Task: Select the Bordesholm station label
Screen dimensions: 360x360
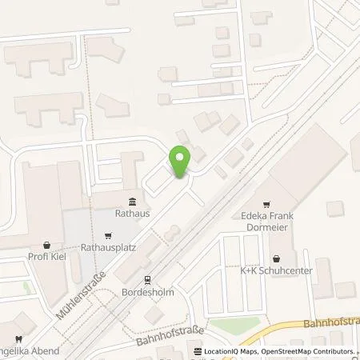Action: point(147,292)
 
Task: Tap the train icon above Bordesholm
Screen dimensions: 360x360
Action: point(147,280)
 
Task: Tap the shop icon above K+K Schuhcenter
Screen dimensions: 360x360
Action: point(276,258)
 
